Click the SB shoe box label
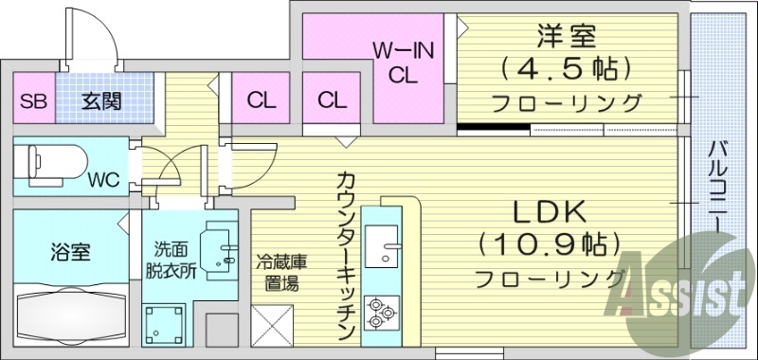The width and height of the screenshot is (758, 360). coord(32,101)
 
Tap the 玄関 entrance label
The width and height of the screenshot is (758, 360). coord(99,101)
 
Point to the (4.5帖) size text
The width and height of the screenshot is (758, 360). coord(567,69)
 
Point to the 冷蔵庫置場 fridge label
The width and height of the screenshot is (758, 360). coord(280,273)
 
